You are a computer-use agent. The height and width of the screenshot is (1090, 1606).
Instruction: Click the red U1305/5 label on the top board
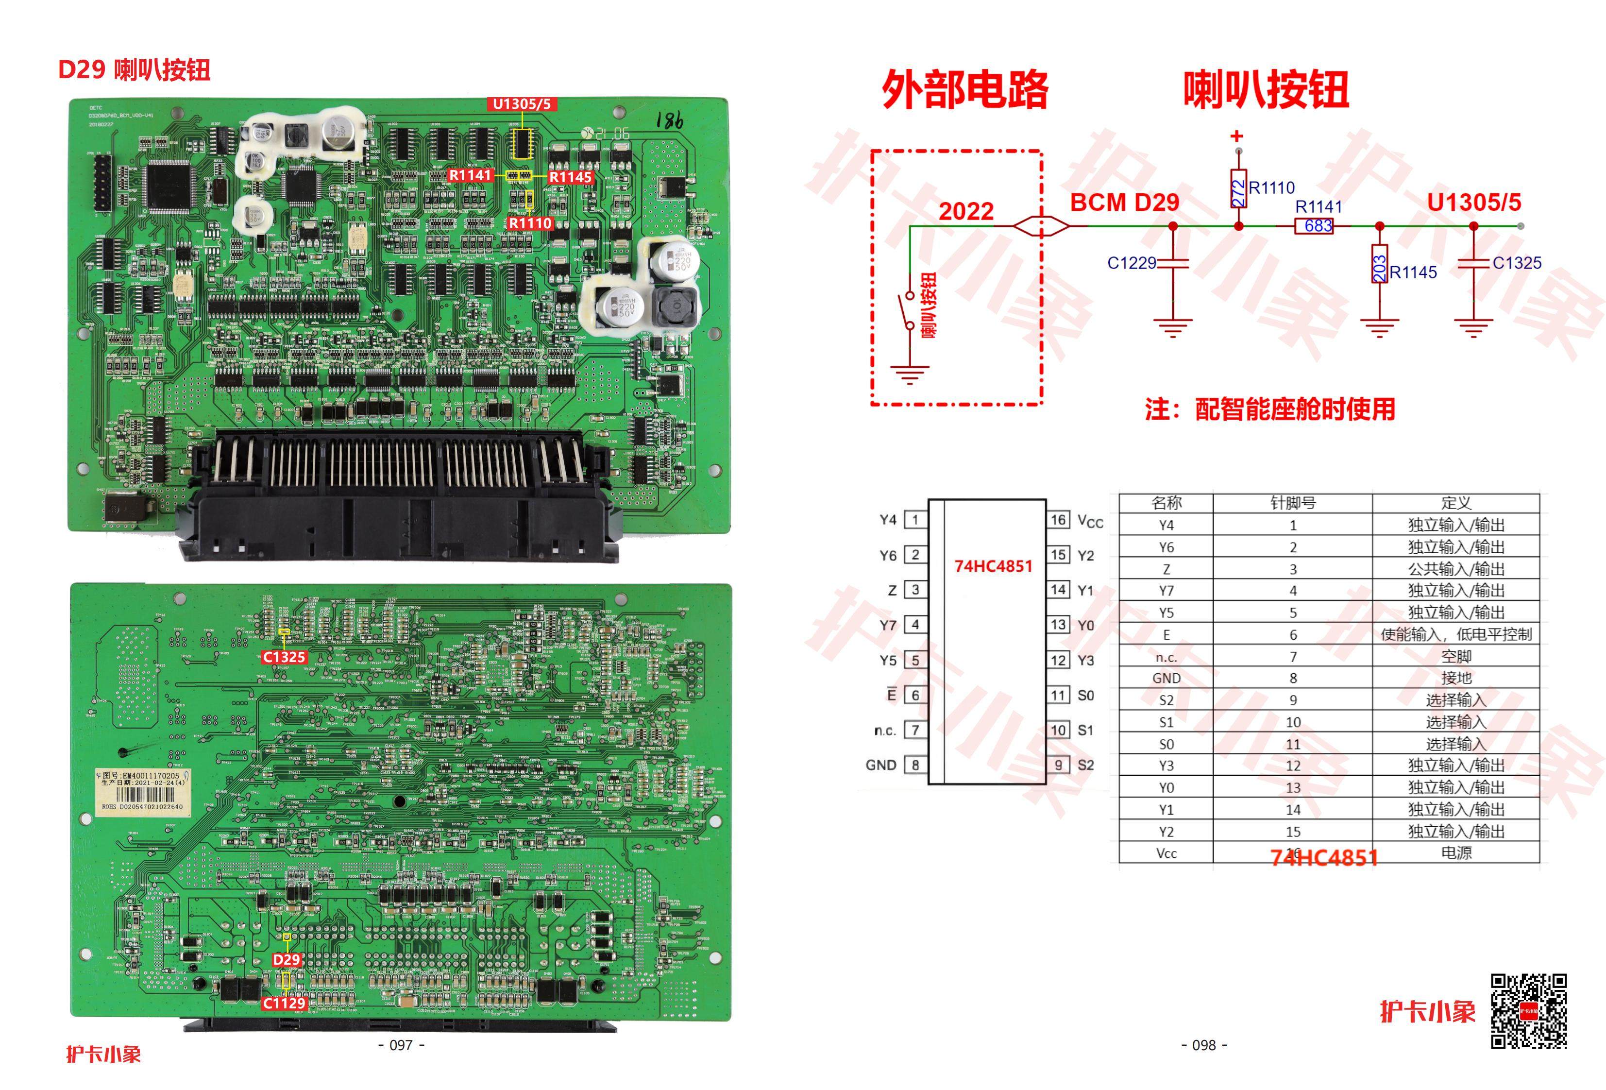point(522,104)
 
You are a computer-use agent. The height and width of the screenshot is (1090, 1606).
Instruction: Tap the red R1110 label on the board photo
point(530,223)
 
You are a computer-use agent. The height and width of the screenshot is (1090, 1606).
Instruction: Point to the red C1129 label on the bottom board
point(283,1003)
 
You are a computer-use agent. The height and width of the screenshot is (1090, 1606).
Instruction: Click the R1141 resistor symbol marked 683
point(1313,226)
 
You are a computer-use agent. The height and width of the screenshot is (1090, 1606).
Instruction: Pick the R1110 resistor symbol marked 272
point(1238,188)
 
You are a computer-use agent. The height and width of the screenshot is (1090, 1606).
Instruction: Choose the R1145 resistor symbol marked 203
point(1379,263)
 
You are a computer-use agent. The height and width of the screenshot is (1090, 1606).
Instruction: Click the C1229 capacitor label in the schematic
point(1131,263)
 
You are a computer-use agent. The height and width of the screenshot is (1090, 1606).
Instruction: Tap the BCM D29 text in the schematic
point(1124,203)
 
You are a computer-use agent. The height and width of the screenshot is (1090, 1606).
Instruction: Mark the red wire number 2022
point(965,211)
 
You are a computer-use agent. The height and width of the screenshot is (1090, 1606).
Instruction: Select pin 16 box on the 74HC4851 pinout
point(1058,520)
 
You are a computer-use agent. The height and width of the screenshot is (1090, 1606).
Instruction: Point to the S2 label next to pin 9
point(1085,765)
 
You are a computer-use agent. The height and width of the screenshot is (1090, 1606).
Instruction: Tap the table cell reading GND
point(1166,679)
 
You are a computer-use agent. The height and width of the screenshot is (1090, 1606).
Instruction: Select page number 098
point(1204,1045)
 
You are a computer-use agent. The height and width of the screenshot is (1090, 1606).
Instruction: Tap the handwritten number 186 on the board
point(669,121)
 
